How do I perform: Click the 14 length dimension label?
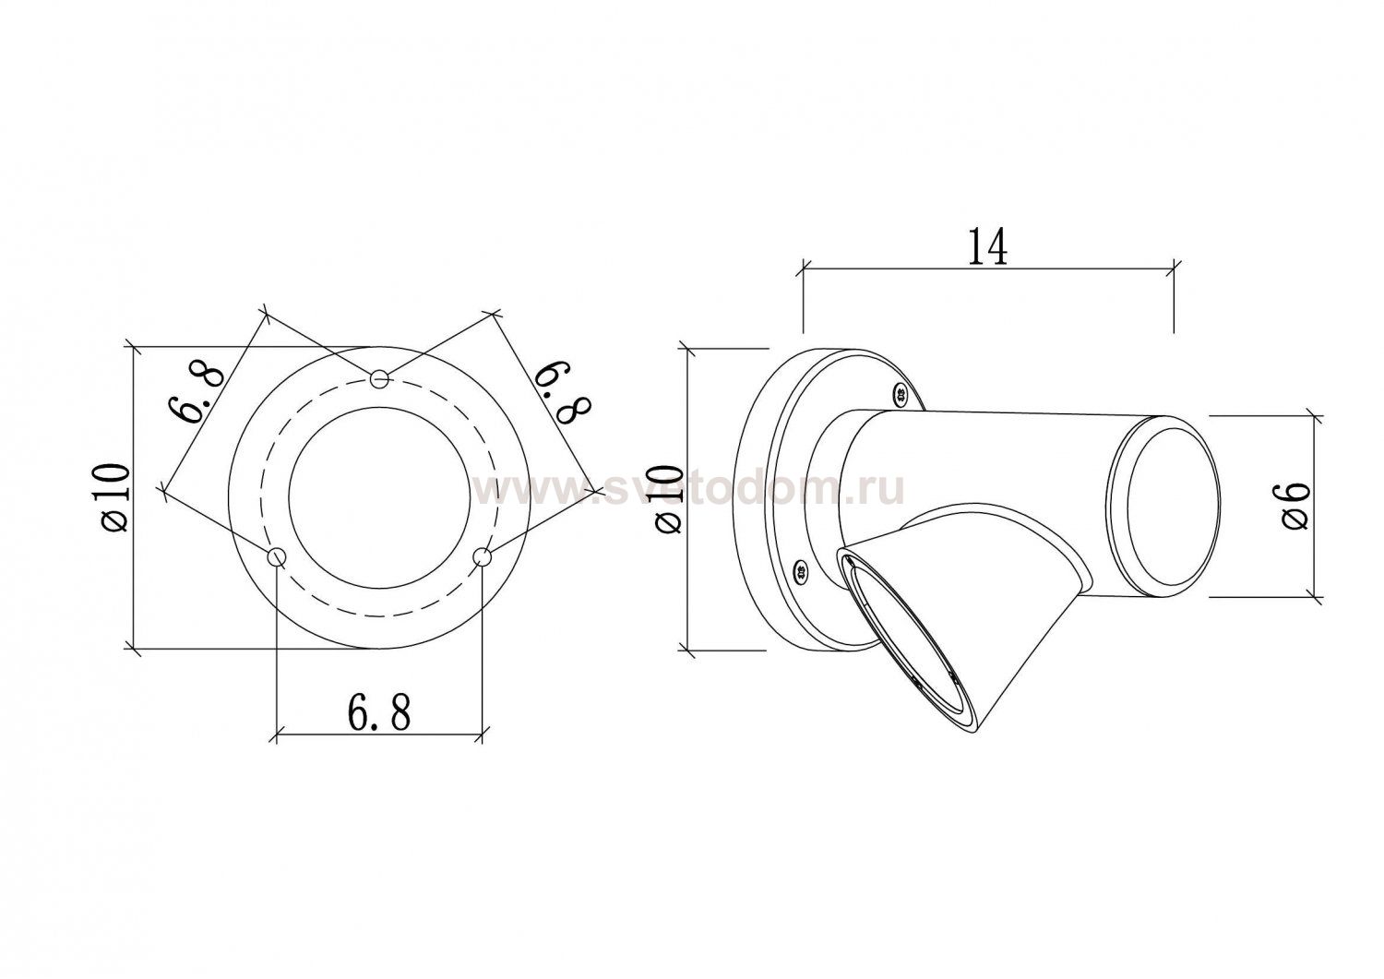[x=986, y=246]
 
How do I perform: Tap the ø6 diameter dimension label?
[x=1295, y=506]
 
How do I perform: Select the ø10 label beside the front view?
[x=115, y=498]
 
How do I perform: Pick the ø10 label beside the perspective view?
[x=669, y=499]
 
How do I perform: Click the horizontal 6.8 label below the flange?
[x=378, y=713]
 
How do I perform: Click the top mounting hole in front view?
[x=380, y=378]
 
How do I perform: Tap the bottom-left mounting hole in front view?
[x=277, y=557]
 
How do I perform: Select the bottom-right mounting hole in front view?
[x=482, y=557]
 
